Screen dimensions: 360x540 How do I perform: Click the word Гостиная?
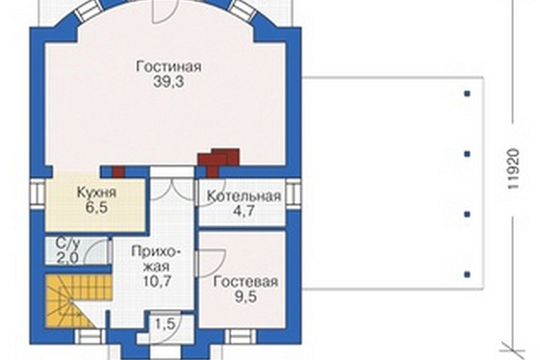(168, 67)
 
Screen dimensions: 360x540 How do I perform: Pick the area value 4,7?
(243, 211)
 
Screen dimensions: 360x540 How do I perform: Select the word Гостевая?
(245, 282)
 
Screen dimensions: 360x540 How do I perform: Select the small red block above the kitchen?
(118, 171)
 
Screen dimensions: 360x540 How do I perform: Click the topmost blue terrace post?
(467, 94)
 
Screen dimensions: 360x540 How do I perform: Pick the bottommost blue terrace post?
(467, 274)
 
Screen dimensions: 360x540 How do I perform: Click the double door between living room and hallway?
(172, 185)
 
